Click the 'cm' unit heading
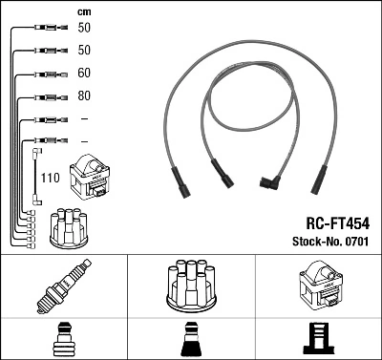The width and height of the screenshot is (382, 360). coord(83,11)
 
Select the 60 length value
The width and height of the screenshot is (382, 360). coord(84,74)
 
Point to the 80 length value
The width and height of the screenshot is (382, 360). coord(84,96)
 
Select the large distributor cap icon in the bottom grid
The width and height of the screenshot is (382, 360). coord(190,286)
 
